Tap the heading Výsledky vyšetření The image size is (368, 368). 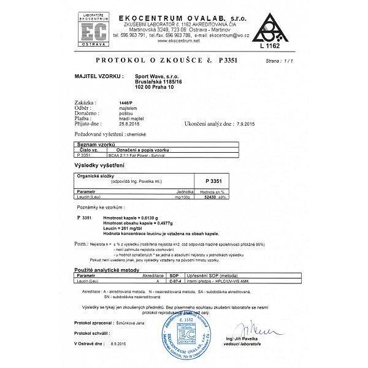point(101,166)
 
